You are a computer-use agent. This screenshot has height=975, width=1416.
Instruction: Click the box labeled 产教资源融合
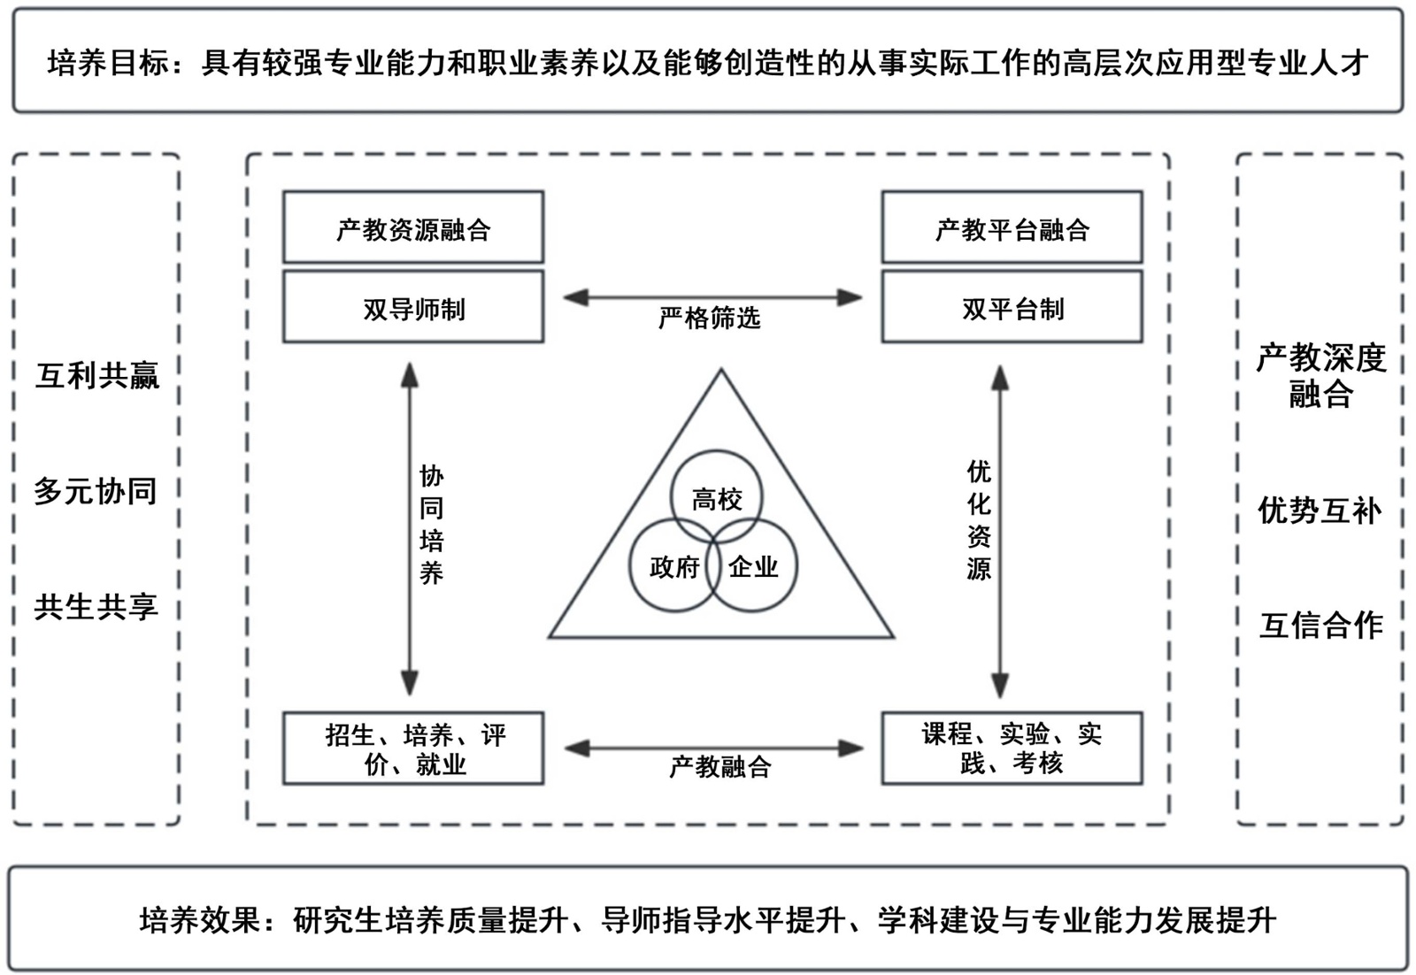point(412,228)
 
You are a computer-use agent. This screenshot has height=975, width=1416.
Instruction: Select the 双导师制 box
point(412,308)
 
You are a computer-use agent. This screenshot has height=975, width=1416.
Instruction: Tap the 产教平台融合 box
point(1012,228)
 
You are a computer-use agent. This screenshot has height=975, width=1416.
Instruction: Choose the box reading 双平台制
point(1012,308)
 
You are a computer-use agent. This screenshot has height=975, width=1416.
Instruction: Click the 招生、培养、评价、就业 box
point(412,749)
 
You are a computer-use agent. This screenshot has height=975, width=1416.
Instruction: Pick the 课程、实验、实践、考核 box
point(1012,749)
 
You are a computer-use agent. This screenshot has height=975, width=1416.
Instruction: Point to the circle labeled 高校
point(717,498)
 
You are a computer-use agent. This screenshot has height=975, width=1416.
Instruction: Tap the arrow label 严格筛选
point(709,318)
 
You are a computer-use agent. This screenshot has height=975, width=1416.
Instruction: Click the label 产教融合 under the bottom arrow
point(720,766)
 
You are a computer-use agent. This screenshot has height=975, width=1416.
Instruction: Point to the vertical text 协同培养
point(431,525)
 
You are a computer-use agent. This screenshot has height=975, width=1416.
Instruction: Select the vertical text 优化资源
point(978,520)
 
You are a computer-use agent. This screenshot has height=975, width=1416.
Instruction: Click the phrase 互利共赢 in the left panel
point(97,376)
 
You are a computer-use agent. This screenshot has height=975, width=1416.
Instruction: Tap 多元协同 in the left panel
point(96,491)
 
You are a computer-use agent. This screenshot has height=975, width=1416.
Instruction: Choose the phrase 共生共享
point(96,606)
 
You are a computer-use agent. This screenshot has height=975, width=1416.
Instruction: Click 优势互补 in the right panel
point(1320,511)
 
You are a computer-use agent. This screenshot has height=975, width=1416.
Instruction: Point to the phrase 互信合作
point(1320,626)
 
